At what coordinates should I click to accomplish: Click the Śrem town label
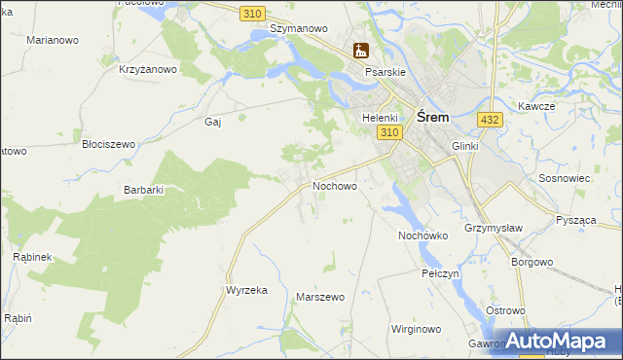432,116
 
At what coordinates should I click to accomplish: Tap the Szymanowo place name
298,29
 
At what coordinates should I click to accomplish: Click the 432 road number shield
490,119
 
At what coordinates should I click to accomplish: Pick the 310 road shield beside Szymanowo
253,13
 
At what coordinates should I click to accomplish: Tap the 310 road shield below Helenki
390,132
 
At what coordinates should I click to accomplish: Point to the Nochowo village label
334,185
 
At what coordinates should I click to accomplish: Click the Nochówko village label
422,235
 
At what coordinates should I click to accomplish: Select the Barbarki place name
143,191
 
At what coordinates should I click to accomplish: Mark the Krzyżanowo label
147,69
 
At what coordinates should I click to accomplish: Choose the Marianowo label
53,41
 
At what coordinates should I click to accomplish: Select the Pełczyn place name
440,274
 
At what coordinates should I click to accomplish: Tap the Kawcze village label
536,106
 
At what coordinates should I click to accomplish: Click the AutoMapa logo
559,342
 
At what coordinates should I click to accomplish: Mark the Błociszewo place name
108,144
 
